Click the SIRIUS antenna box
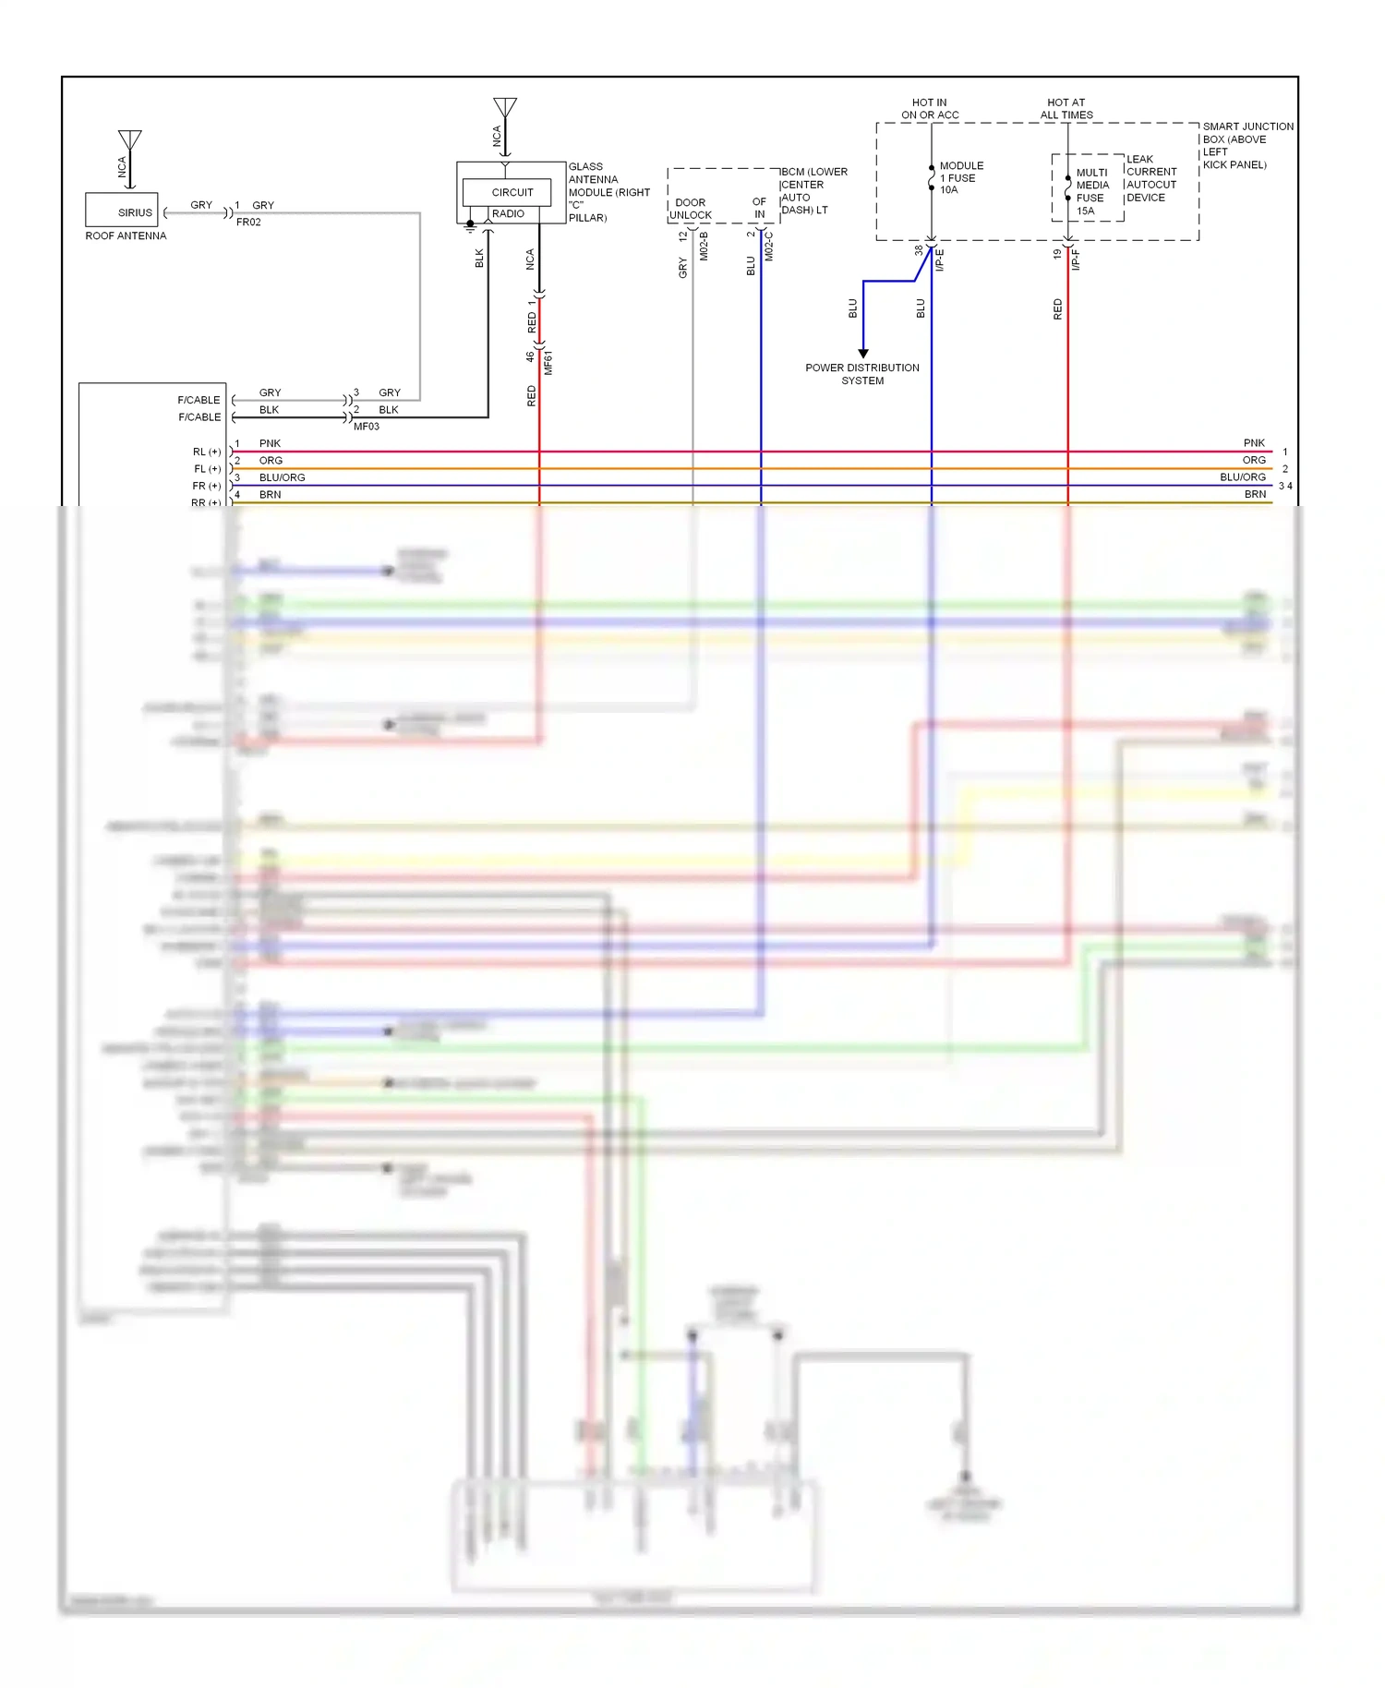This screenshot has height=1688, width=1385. (122, 210)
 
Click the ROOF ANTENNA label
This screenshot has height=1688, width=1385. (126, 236)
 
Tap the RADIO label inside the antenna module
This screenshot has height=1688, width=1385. (508, 214)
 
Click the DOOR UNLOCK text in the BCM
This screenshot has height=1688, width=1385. (691, 209)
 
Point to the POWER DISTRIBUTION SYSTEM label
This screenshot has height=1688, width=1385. (862, 374)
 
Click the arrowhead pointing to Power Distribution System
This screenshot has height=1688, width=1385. (863, 353)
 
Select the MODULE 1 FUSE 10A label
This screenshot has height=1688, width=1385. (960, 177)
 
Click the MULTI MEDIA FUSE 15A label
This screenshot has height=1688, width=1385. (1091, 191)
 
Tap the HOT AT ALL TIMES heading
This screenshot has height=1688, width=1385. (1066, 109)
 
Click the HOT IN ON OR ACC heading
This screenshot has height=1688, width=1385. (930, 109)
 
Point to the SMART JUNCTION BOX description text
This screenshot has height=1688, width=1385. (1246, 145)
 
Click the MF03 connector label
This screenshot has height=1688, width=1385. (367, 427)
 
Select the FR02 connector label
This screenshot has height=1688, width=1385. (248, 223)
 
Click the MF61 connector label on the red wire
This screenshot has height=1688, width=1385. (548, 362)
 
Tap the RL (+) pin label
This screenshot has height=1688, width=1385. (207, 452)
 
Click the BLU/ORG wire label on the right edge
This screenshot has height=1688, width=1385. (1243, 477)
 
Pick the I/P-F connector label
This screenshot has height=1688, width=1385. (1077, 259)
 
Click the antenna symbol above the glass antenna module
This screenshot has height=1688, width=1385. (505, 109)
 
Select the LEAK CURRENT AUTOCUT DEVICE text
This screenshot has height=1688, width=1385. (1150, 178)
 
